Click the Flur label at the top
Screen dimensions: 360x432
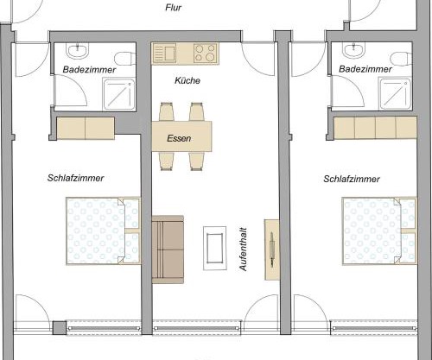coord(175,8)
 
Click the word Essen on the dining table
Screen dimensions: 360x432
coord(181,136)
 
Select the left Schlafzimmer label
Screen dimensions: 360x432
coord(76,179)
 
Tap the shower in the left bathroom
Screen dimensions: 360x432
coord(120,92)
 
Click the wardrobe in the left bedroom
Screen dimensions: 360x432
coord(85,128)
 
